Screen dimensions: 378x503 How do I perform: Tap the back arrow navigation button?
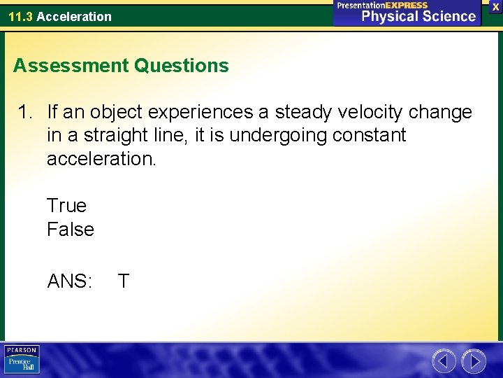[444, 361]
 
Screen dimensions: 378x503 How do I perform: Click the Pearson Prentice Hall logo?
[22, 360]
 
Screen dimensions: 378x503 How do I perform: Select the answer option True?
[66, 206]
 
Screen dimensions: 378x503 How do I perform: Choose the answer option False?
[70, 230]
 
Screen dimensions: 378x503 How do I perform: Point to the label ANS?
[69, 281]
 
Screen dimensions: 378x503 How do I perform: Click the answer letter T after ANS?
[123, 281]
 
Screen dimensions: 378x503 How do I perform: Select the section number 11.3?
[20, 16]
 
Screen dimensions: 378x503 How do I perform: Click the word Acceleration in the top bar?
[73, 16]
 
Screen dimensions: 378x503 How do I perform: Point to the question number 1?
[26, 112]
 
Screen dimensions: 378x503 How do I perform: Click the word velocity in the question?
[358, 112]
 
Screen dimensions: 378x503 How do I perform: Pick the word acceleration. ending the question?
[102, 159]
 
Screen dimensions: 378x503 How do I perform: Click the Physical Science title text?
[418, 16]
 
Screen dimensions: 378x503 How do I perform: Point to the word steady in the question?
[305, 112]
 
